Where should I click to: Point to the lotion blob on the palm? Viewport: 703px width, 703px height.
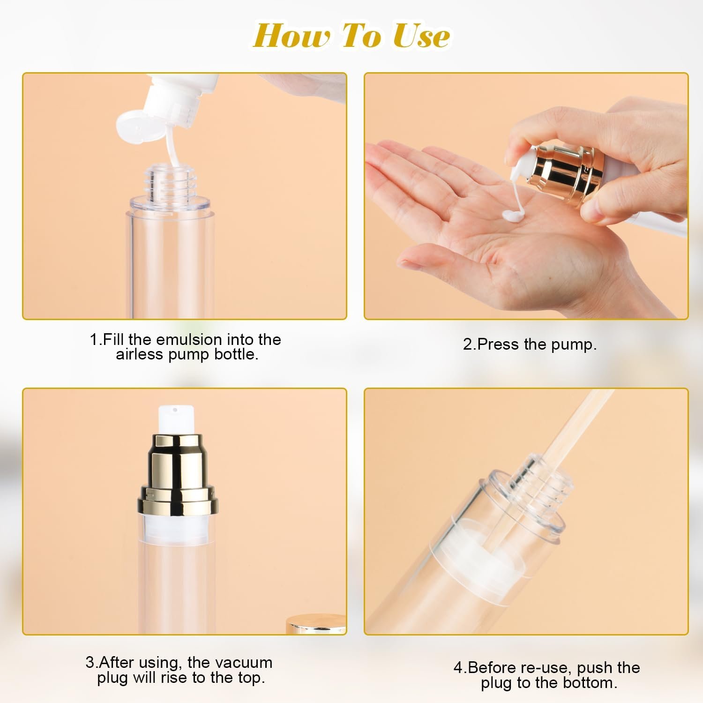pyautogui.click(x=514, y=215)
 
